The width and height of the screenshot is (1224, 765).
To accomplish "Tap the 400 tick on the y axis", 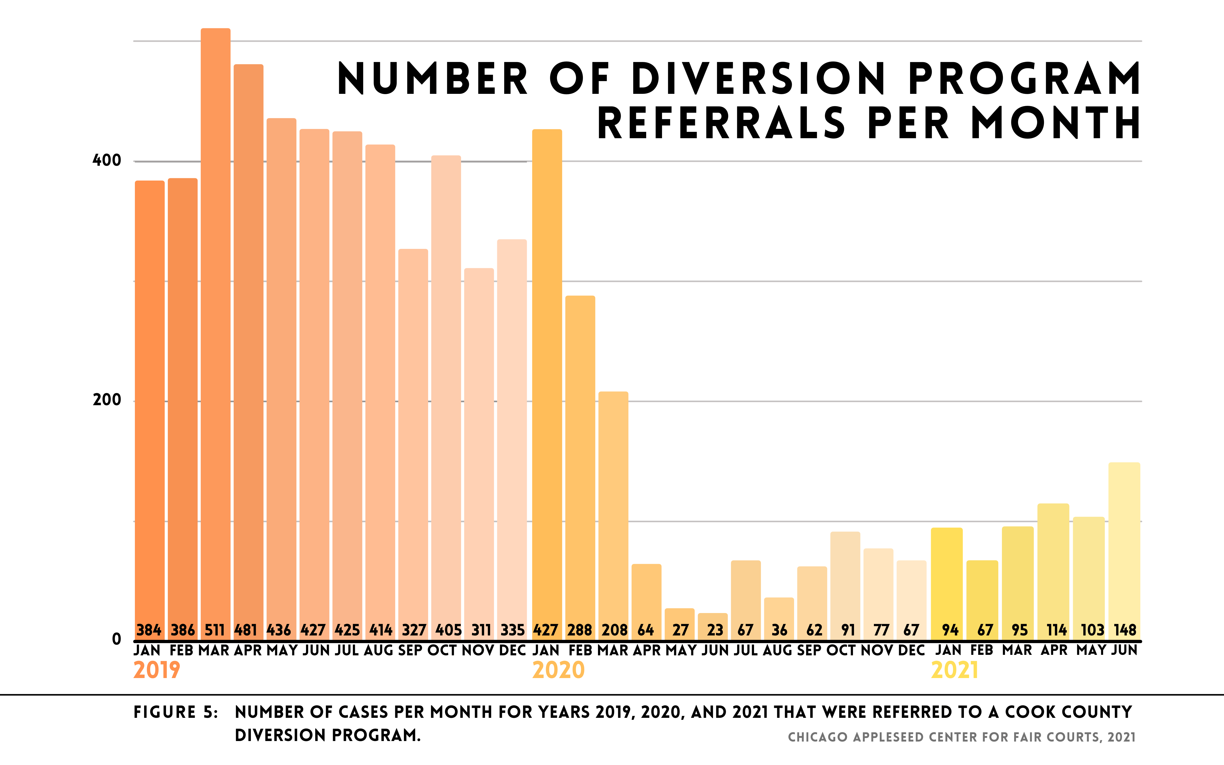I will [x=107, y=161].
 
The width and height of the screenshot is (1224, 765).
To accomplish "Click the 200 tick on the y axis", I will [x=107, y=400].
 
